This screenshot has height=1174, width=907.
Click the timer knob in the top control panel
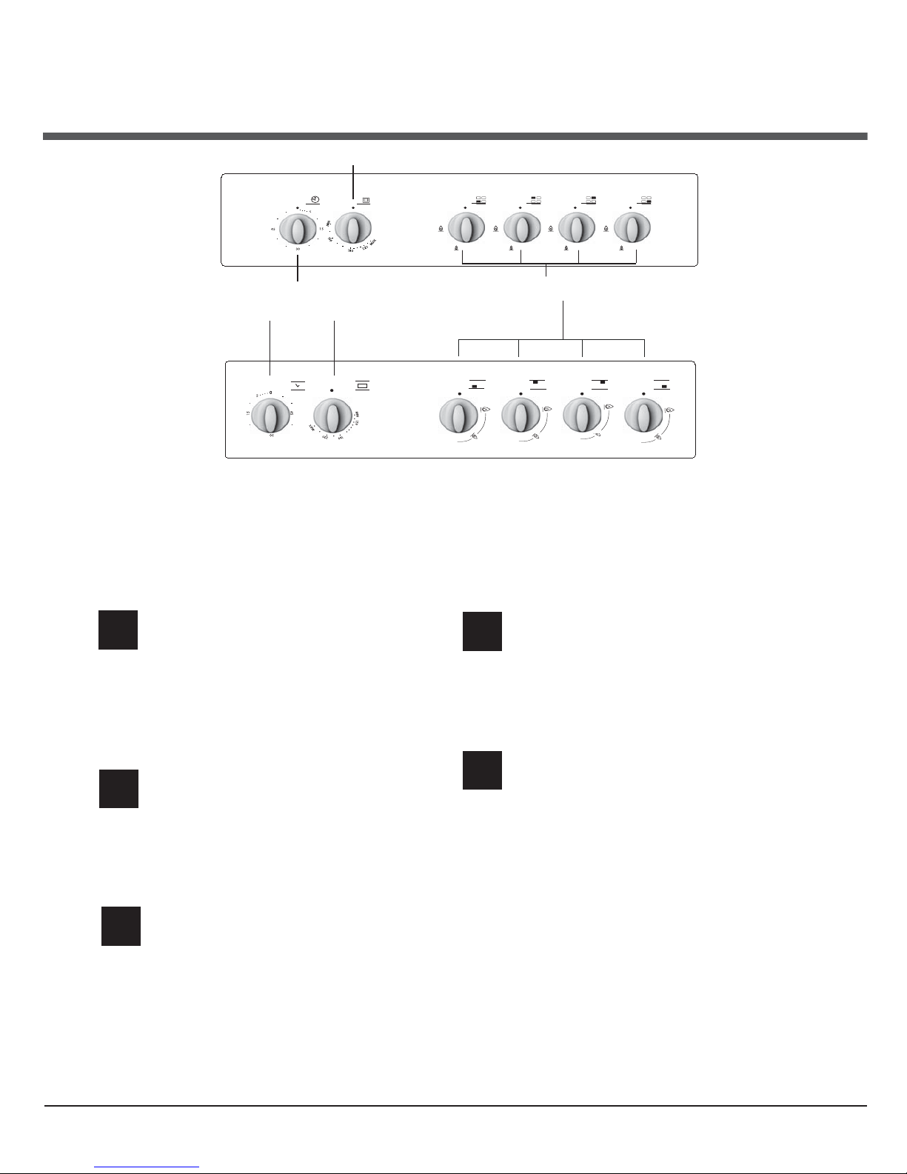point(297,230)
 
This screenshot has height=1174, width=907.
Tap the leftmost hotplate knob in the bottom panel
point(458,416)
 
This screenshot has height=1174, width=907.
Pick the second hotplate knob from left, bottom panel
point(521,416)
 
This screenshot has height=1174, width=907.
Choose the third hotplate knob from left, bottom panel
point(582,416)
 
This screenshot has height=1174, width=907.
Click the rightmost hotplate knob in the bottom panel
point(643,416)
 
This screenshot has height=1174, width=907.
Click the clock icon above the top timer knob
point(314,199)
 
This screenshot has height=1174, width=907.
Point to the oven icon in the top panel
point(366,199)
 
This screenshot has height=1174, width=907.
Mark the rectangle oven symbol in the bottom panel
point(362,385)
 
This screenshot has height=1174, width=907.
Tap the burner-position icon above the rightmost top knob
point(646,199)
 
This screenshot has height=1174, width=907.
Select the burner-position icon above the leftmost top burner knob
point(481,199)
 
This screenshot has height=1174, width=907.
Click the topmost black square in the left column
point(118,630)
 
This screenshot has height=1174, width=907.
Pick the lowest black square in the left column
point(121,925)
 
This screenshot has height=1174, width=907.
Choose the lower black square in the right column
point(482,770)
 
